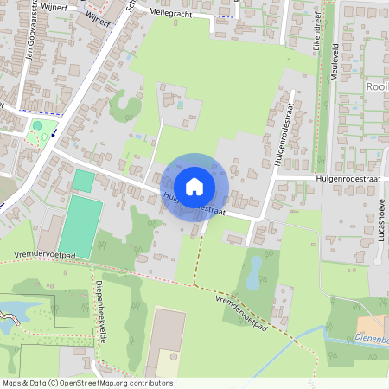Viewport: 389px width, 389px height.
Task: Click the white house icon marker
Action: click(x=194, y=186)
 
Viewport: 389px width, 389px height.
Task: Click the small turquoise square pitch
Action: click(x=84, y=181)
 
